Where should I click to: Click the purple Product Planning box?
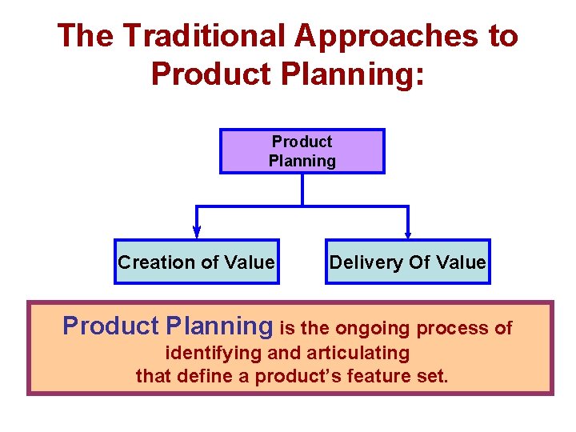(302, 151)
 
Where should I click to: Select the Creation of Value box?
(197, 262)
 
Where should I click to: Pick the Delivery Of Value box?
(407, 262)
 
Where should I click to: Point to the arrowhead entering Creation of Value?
(197, 234)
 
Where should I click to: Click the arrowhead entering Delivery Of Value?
(408, 234)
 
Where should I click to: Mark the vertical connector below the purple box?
(302, 190)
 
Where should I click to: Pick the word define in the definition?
(208, 375)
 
